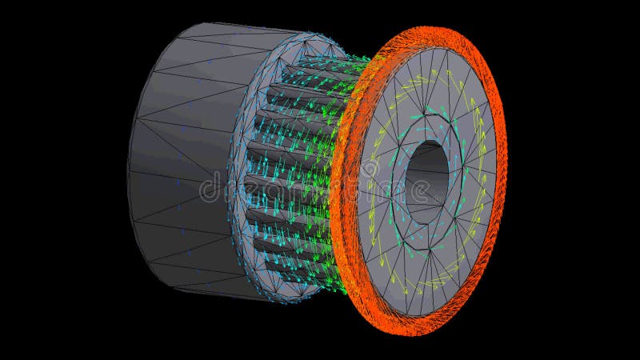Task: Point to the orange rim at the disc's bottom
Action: (416, 326)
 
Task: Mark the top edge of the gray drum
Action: (216, 27)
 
